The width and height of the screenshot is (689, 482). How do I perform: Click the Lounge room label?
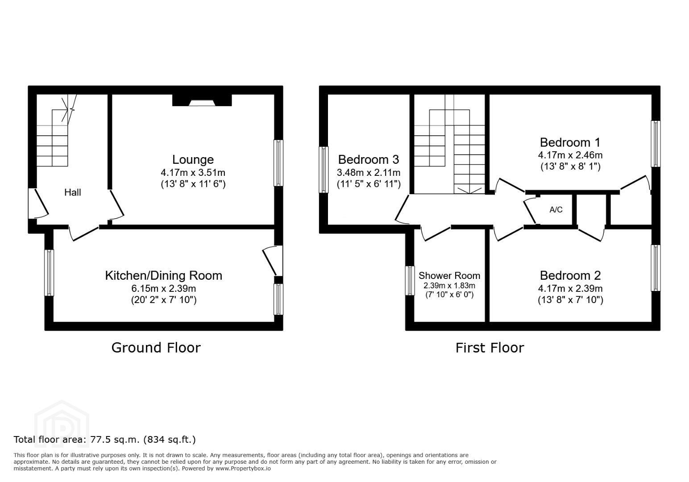click(x=193, y=159)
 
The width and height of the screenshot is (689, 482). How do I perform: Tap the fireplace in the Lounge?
click(x=202, y=100)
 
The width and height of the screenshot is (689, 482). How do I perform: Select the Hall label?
click(x=73, y=192)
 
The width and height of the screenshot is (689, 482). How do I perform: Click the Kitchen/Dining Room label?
click(x=164, y=275)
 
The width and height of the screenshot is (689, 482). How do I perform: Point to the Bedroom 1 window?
click(x=656, y=144)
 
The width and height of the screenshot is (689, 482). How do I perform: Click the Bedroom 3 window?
click(x=324, y=170)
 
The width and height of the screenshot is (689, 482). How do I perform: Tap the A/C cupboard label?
click(x=556, y=210)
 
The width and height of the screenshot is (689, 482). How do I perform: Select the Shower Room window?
click(x=410, y=281)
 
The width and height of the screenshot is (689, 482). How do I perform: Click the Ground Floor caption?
click(x=156, y=348)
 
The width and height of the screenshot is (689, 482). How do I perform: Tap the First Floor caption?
click(x=490, y=348)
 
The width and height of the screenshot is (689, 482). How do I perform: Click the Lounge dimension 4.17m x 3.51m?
click(x=193, y=173)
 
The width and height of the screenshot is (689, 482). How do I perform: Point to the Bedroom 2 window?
click(x=656, y=268)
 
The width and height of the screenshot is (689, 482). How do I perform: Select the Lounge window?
click(x=278, y=163)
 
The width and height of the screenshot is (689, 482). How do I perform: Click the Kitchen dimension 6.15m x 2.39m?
click(x=164, y=288)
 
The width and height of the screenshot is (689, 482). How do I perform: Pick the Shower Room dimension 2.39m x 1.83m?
click(x=449, y=286)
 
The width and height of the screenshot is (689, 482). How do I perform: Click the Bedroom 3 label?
click(x=369, y=159)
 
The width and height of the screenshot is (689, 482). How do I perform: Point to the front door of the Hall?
click(x=38, y=203)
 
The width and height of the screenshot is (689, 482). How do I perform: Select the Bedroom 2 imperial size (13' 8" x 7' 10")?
click(x=570, y=300)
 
